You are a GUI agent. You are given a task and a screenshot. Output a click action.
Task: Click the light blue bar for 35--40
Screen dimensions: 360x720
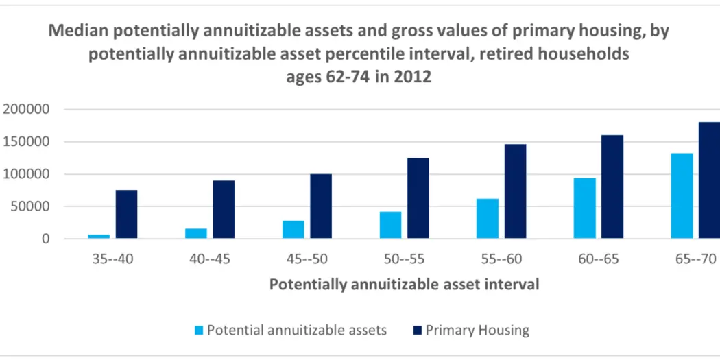tap(99, 237)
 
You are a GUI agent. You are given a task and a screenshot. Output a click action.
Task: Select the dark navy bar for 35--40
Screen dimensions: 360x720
tap(126, 214)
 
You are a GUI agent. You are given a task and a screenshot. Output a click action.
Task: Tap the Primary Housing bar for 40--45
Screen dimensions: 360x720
tap(224, 209)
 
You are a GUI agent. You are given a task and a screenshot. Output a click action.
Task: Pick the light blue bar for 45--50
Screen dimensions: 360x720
tap(293, 230)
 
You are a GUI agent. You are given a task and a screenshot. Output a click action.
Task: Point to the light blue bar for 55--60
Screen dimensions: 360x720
tap(488, 219)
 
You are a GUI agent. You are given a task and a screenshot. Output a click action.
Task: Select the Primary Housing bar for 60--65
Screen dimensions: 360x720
tap(612, 187)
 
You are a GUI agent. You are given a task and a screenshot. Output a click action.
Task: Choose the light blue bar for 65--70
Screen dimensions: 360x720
tap(682, 195)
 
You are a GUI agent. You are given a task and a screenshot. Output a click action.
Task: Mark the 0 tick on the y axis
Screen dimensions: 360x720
tap(47, 239)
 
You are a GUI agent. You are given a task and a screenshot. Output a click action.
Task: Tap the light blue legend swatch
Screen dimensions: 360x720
tap(199, 331)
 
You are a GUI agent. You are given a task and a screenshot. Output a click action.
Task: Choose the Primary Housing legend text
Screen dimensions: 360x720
tap(477, 330)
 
